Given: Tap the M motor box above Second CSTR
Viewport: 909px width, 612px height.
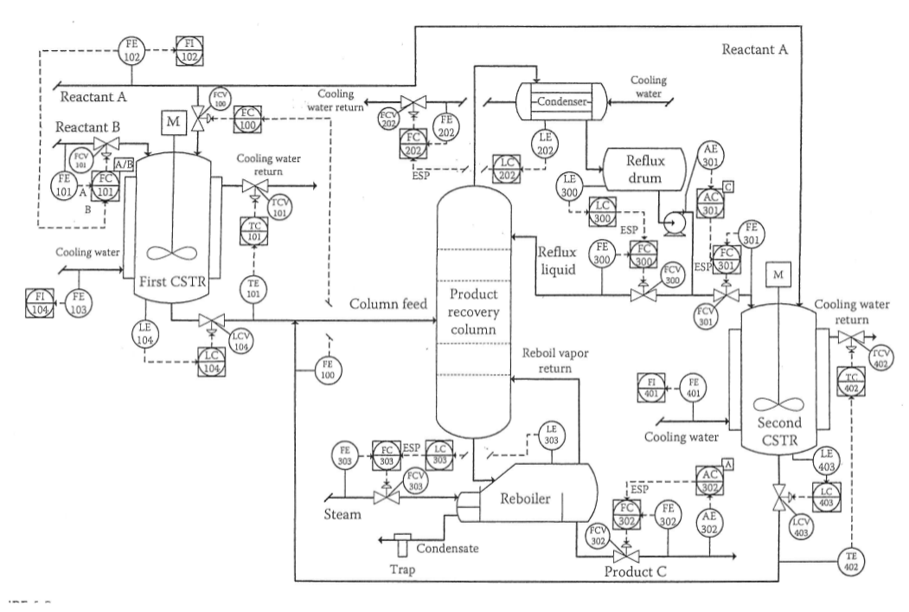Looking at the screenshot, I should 779,274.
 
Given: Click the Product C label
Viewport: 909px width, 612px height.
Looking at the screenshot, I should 642,570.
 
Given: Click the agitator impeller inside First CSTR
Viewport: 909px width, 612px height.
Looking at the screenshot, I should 173,253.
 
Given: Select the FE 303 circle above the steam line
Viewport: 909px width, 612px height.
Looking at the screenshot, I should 344,454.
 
